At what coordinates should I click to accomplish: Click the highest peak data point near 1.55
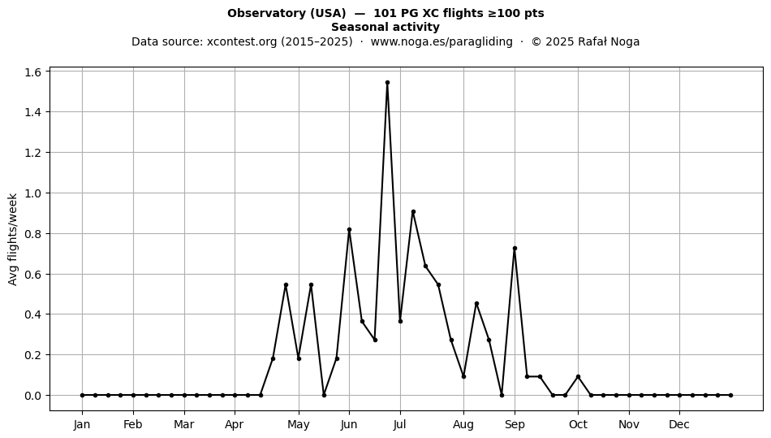pos(387,83)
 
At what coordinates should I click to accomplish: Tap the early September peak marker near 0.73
pos(515,249)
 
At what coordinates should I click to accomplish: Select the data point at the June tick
pos(349,230)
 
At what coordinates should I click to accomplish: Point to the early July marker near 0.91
pos(413,212)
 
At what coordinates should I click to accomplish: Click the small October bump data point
pos(578,377)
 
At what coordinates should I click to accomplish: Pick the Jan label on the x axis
pos(82,424)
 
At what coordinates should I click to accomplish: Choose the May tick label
pos(299,425)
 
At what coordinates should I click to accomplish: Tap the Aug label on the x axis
pos(463,425)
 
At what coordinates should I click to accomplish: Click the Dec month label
pos(679,424)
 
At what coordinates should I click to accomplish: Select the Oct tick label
pos(578,424)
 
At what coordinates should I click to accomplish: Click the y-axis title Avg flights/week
pos(13,239)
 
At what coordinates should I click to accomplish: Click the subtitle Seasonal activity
pos(385,27)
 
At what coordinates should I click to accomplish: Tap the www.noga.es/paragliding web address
pos(441,41)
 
